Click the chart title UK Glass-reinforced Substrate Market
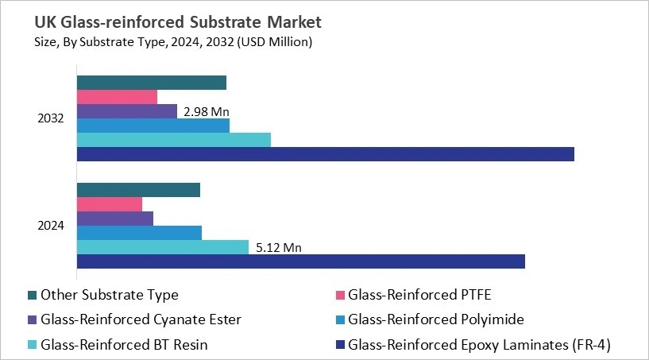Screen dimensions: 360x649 click(x=168, y=18)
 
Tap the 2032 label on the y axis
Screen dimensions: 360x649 click(x=51, y=118)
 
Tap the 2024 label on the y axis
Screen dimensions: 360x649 click(x=51, y=226)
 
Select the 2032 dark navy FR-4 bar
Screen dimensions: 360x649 click(x=325, y=154)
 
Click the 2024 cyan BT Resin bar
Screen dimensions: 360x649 click(x=162, y=247)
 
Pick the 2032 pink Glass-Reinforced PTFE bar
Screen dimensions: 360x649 click(x=117, y=97)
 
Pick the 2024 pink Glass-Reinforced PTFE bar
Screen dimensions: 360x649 click(x=109, y=204)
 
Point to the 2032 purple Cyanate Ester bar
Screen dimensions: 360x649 click(x=126, y=111)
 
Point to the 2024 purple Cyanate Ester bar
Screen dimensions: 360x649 click(x=114, y=219)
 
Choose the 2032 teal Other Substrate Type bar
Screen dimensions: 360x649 click(x=151, y=83)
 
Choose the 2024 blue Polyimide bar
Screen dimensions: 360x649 click(x=139, y=233)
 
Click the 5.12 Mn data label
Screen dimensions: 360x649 click(x=279, y=248)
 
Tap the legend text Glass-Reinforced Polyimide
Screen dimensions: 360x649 click(x=437, y=319)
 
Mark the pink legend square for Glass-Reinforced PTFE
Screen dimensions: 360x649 click(x=340, y=296)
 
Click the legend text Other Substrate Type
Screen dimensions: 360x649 click(x=110, y=295)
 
